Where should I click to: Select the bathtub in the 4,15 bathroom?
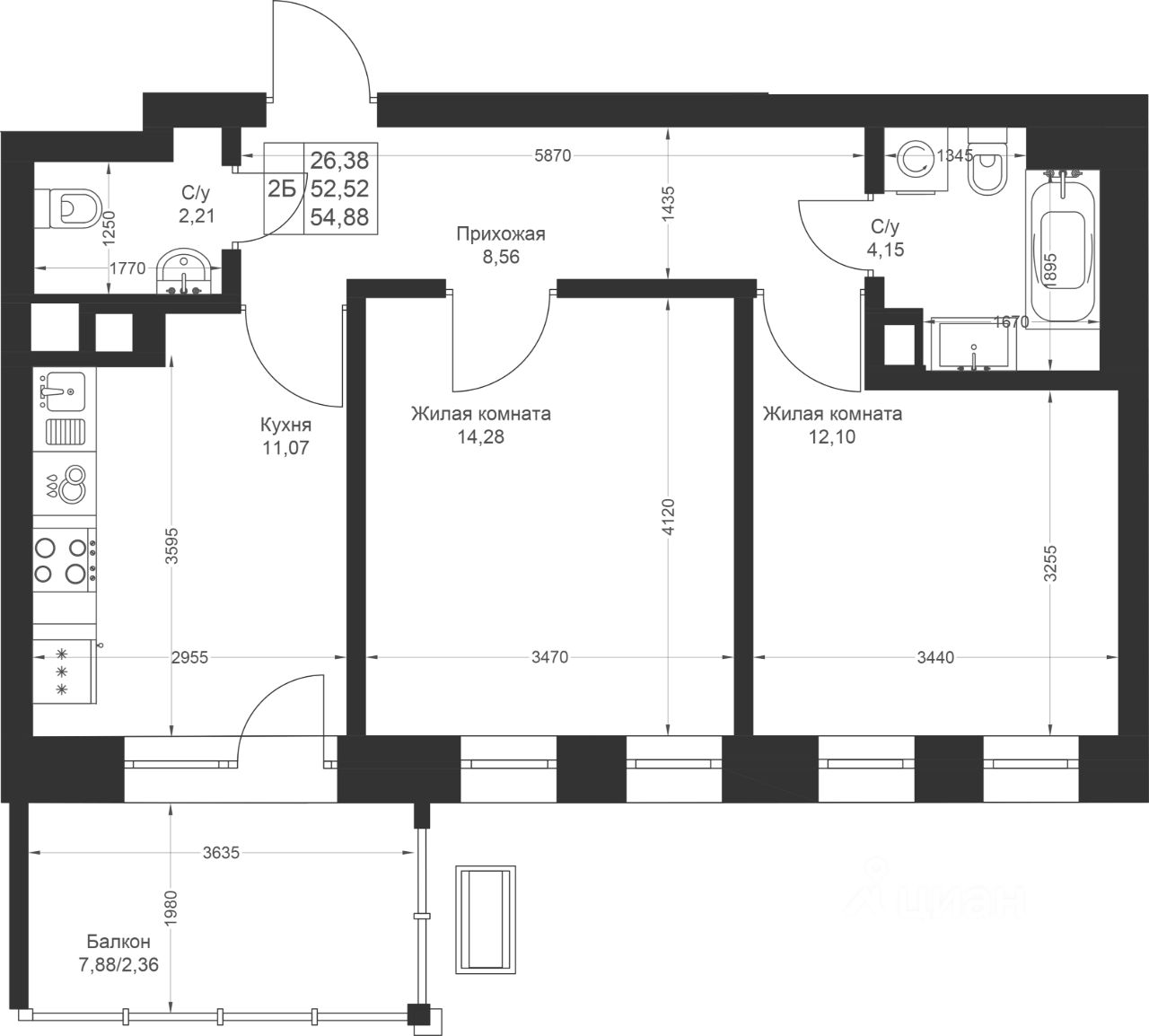[1064, 246]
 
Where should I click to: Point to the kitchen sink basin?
[65, 391]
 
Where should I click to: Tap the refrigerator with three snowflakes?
[64, 671]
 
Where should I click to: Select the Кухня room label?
[285, 425]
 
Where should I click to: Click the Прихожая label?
[501, 233]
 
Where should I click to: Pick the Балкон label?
[118, 941]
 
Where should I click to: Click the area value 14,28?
[480, 436]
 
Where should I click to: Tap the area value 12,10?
[832, 436]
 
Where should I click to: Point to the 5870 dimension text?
[552, 155]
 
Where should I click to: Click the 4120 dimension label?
[669, 517]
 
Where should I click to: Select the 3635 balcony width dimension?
[221, 853]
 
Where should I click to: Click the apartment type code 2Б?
[282, 189]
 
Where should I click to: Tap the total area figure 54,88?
[339, 217]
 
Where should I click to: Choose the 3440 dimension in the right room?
[936, 657]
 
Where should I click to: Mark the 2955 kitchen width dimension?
[189, 657]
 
